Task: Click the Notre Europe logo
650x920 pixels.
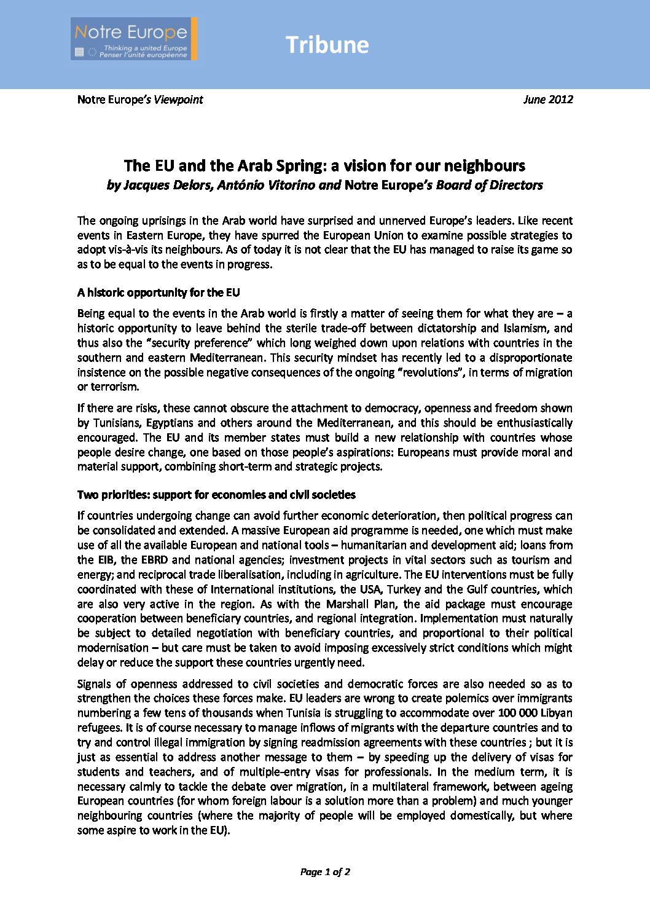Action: click(x=134, y=39)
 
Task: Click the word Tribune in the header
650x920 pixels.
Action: click(x=327, y=45)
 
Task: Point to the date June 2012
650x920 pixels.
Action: click(x=548, y=100)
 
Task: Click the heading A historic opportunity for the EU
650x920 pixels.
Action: click(x=159, y=293)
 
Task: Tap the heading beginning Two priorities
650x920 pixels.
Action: click(x=216, y=495)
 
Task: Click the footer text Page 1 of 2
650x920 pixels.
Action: click(x=325, y=871)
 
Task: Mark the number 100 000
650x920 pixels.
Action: click(x=518, y=713)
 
